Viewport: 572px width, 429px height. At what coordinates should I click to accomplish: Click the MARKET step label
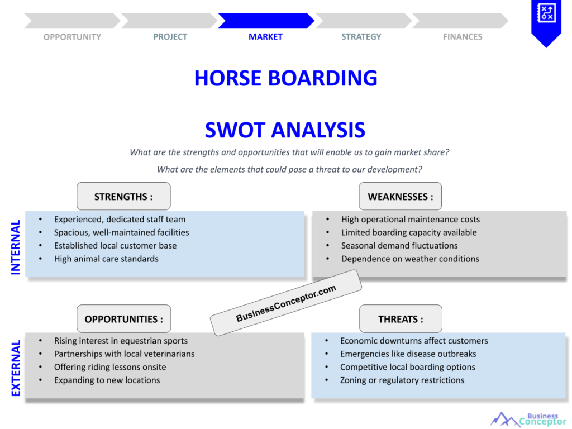(265, 37)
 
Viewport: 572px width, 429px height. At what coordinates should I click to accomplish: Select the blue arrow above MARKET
(265, 21)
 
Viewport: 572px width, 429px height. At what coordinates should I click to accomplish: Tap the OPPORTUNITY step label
(72, 37)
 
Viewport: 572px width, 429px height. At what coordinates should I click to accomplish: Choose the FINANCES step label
(463, 37)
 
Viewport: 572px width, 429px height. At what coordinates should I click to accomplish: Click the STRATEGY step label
(361, 37)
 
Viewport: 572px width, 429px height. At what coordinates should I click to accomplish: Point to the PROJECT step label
(170, 37)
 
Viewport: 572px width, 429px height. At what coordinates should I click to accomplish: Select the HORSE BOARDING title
(285, 78)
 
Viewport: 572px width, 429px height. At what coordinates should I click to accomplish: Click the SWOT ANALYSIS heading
(285, 130)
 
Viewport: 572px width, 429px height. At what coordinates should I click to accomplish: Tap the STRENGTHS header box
(123, 196)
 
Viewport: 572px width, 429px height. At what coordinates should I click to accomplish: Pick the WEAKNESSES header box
(400, 196)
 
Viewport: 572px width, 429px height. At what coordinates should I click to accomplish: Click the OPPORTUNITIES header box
(123, 319)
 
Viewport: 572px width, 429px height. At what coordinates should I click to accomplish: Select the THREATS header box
(401, 319)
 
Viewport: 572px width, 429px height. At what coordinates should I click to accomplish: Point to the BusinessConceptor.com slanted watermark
(286, 303)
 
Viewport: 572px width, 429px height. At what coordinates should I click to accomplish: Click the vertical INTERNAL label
(16, 247)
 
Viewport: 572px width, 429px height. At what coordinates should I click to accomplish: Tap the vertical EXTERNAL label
(16, 368)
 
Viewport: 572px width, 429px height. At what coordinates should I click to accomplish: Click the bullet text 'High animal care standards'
(106, 259)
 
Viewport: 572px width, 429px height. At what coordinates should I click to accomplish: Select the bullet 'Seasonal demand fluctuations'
(399, 246)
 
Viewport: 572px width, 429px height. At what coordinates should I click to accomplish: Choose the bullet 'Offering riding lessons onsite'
(110, 367)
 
